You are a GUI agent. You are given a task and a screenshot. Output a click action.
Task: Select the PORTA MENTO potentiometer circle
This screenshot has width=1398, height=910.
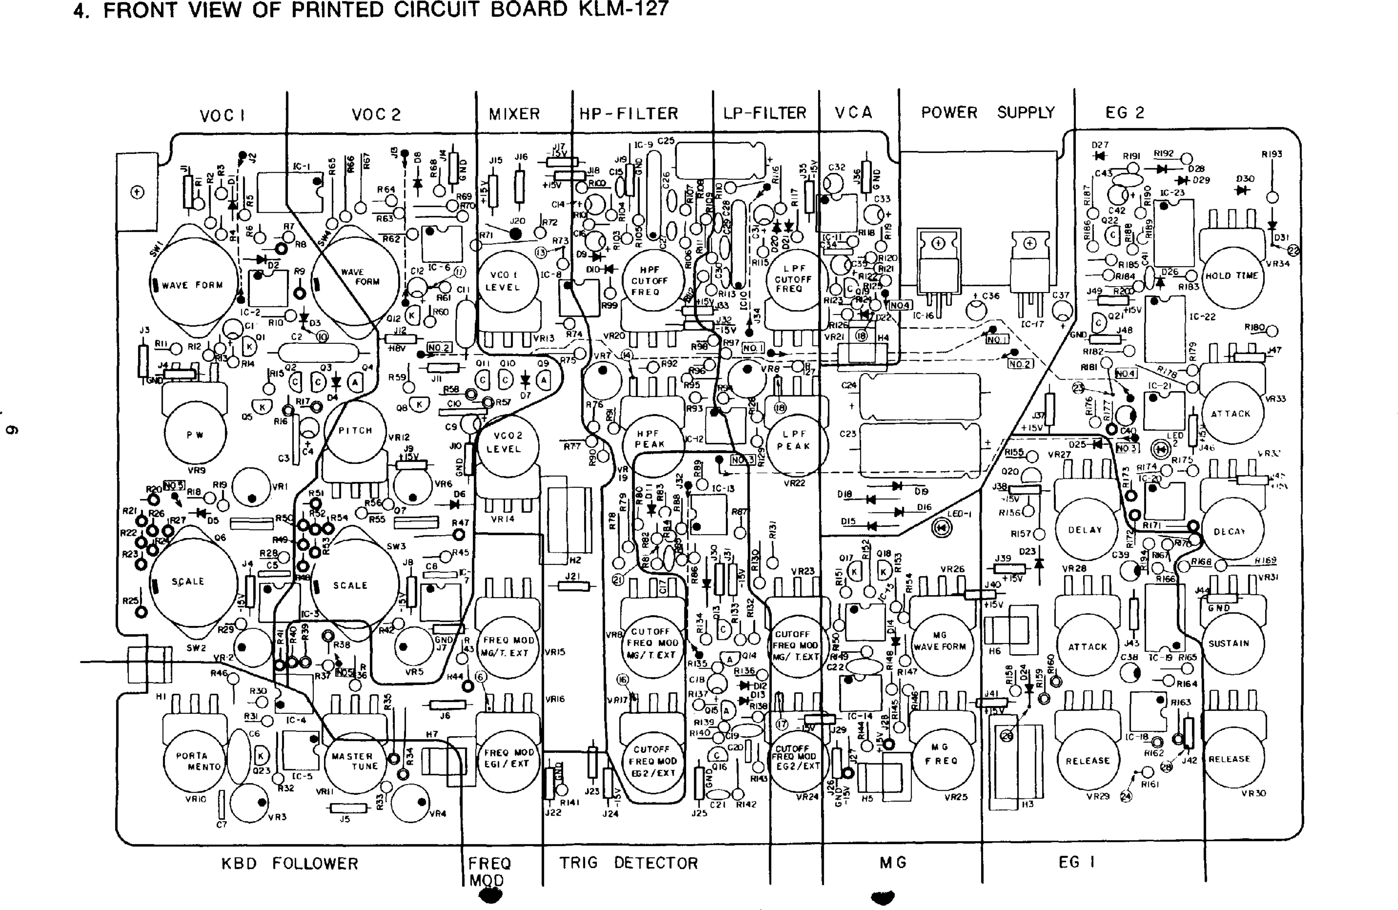[192, 761]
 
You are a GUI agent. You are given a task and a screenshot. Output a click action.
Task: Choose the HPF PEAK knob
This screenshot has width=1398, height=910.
[650, 440]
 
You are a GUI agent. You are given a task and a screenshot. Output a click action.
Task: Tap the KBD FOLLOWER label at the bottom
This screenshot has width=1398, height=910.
[289, 864]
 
